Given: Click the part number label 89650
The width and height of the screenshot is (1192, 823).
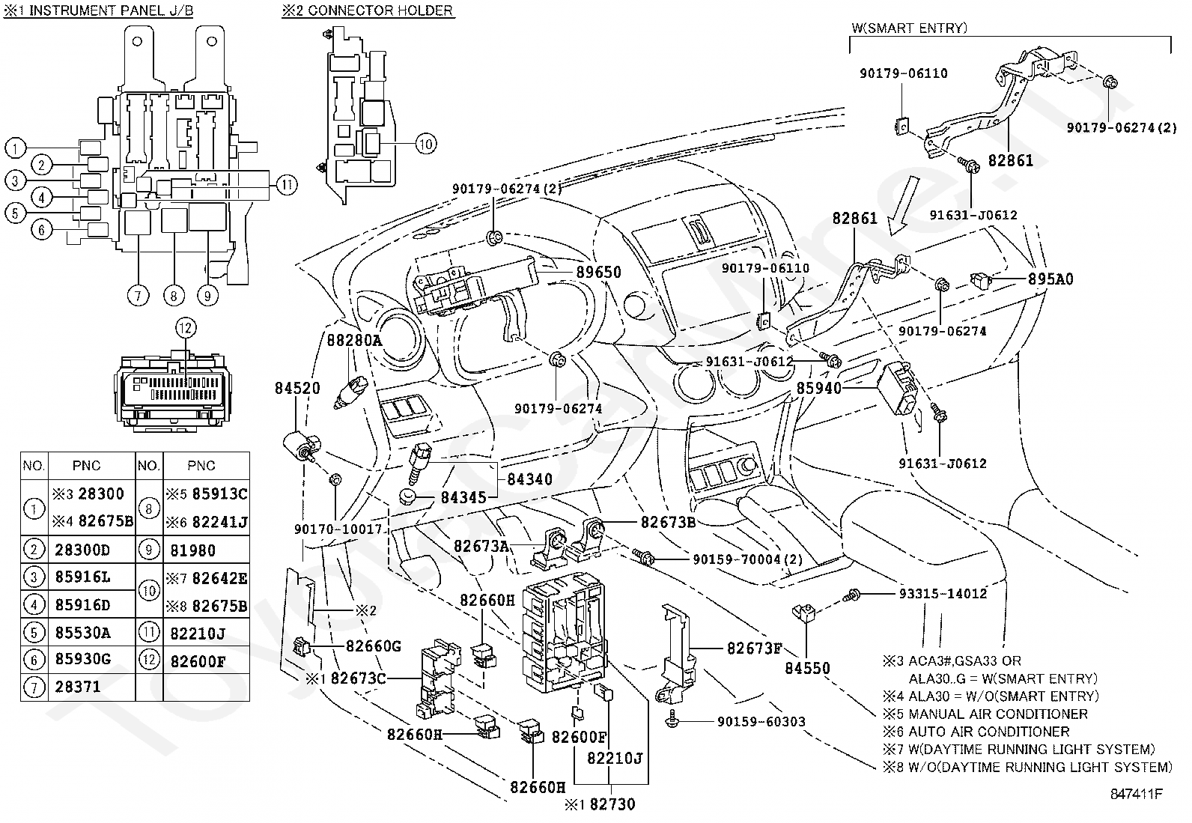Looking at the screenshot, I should click(x=598, y=273).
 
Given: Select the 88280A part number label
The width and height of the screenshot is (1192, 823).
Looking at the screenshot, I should click(x=354, y=339).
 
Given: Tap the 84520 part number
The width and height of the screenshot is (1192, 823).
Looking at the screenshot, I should click(x=297, y=388).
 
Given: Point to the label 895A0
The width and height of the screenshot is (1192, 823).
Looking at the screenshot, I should click(x=1050, y=279).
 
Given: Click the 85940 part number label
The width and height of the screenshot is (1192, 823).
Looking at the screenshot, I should click(x=818, y=389).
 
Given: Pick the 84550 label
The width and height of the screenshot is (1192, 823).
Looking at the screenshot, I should click(x=807, y=668).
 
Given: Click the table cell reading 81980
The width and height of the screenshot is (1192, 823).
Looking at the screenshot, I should click(x=192, y=550).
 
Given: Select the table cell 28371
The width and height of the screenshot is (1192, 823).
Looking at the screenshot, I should click(x=78, y=686).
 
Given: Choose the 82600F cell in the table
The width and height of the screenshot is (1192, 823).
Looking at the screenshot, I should click(x=198, y=661).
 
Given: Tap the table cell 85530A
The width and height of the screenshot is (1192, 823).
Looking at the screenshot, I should click(x=82, y=633).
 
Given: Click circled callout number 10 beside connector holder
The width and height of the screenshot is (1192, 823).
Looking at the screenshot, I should click(x=425, y=144).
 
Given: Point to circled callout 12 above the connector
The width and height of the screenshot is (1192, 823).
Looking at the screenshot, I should click(x=185, y=327).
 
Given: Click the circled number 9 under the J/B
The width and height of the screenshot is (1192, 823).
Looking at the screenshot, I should click(x=207, y=295).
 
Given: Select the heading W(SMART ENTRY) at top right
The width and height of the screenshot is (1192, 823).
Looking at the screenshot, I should click(x=909, y=28).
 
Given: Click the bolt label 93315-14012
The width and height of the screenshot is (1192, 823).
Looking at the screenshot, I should click(x=943, y=594).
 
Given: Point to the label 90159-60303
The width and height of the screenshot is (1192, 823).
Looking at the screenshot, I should click(x=761, y=721).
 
